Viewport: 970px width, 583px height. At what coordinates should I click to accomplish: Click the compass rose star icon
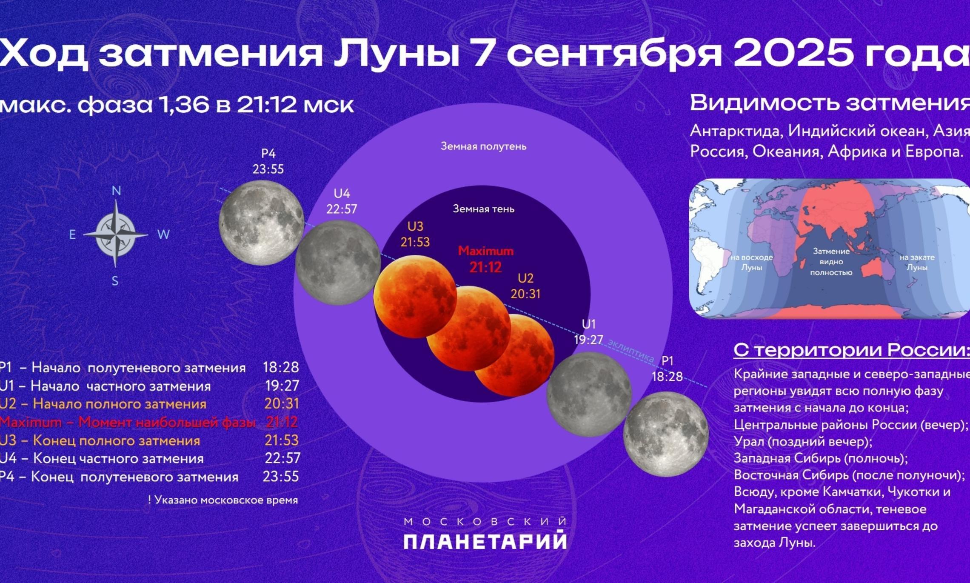(115, 234)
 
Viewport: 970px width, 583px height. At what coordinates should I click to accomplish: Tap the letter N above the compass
(116, 191)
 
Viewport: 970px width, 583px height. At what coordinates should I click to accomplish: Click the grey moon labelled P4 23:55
(261, 223)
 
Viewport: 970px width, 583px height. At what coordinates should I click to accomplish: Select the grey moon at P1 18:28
(666, 434)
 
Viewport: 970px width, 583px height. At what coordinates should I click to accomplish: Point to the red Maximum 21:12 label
(486, 259)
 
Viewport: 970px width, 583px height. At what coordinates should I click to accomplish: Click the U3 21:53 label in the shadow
(415, 234)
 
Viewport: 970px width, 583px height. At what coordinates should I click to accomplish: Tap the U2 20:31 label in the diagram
(525, 286)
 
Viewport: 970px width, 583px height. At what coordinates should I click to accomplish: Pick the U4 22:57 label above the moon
(342, 201)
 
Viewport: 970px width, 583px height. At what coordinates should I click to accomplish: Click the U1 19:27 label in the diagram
(589, 332)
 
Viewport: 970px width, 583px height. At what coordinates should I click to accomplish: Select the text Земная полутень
(483, 146)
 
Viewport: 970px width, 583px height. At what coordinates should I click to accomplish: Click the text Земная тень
(483, 209)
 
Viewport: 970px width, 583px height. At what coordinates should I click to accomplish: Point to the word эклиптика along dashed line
(630, 351)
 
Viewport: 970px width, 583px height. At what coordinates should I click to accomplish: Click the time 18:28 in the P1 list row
(281, 367)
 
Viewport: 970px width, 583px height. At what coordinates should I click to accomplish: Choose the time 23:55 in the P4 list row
(281, 476)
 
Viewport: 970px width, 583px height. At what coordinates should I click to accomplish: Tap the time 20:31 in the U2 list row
(282, 403)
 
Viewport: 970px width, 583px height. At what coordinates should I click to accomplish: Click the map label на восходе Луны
(752, 262)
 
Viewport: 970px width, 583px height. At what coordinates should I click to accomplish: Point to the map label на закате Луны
(917, 262)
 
